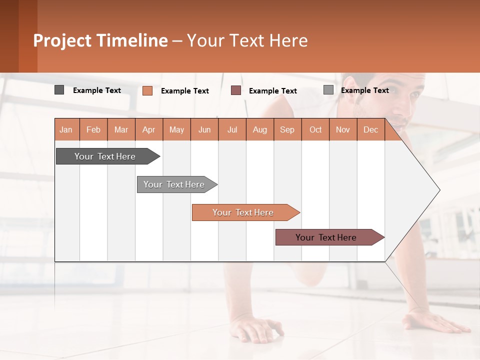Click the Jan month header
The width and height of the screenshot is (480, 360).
pos(66,129)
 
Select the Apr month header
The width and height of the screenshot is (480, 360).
pos(149,129)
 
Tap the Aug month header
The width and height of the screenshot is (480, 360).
pos(260,129)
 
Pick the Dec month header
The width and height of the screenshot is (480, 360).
pos(371,129)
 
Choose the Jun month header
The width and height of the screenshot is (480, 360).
pos(204,129)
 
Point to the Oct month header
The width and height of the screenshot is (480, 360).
pos(315,129)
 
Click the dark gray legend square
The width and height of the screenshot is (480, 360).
pos(59,90)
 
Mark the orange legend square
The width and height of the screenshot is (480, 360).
pos(147,90)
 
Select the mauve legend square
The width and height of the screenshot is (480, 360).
pos(236,90)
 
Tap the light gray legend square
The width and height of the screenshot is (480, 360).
pos(328,90)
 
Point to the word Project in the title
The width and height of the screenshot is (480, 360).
pos(61,40)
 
